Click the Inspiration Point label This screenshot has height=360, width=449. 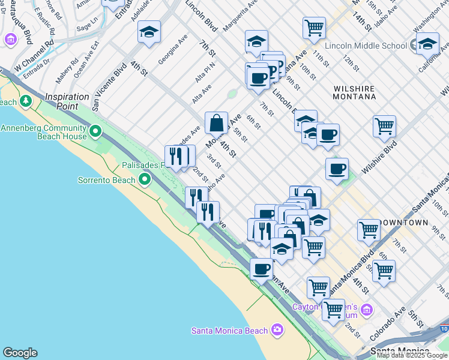tap(70, 101)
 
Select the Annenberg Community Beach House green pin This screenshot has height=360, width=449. tap(95, 130)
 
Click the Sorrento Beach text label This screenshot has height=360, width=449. tap(106, 179)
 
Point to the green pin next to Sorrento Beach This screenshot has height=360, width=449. tap(144, 179)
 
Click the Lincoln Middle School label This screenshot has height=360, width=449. tap(366, 46)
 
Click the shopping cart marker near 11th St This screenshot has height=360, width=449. tap(314, 27)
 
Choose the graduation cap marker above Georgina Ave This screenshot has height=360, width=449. tap(149, 32)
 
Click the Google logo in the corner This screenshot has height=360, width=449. tap(20, 353)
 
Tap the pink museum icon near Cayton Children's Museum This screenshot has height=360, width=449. tap(367, 310)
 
